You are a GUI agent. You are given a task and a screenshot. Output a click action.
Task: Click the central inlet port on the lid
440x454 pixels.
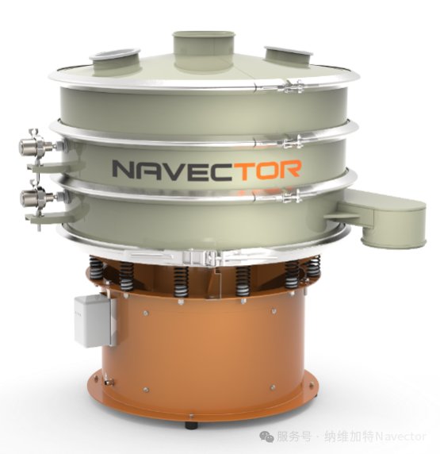click(x=204, y=52)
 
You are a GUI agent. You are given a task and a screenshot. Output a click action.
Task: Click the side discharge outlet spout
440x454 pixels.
click(x=382, y=216)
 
